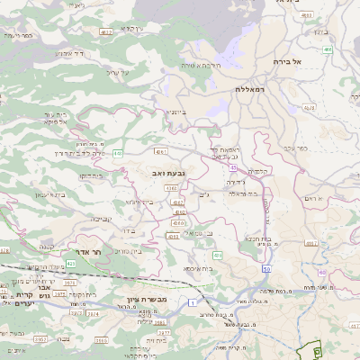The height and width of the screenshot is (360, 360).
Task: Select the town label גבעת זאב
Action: pos(168,170)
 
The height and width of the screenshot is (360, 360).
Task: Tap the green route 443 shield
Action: pos(119,154)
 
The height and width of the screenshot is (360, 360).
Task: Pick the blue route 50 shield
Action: pos(266,269)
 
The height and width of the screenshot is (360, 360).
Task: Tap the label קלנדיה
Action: pos(258,170)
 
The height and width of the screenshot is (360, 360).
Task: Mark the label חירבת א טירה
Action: pos(201,65)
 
